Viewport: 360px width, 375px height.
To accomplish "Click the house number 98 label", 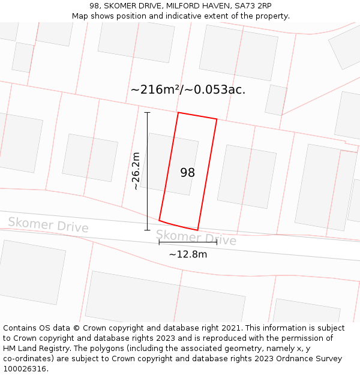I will (x=187, y=173).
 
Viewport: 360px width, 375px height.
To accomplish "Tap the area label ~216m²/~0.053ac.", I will (x=188, y=90).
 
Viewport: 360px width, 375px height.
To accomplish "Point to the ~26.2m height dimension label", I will (x=136, y=171).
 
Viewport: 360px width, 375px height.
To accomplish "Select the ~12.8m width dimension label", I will (x=188, y=254).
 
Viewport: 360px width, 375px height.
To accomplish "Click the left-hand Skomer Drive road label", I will (x=48, y=225).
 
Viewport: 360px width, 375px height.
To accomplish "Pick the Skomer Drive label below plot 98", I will (x=196, y=238).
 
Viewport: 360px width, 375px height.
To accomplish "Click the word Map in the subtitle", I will (x=80, y=16).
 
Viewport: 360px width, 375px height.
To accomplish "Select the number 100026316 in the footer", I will (x=25, y=369).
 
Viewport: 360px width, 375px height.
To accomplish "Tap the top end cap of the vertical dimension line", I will (x=147, y=112).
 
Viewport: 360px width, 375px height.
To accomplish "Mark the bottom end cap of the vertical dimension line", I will (x=147, y=230).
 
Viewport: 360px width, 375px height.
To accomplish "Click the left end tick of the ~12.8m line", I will (x=159, y=242).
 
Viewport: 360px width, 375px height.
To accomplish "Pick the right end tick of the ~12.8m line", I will (x=217, y=242).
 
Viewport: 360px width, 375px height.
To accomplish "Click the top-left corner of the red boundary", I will (x=178, y=112).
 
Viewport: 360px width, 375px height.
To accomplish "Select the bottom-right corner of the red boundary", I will (x=197, y=230).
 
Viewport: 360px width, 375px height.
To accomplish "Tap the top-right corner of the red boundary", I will (x=217, y=119).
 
